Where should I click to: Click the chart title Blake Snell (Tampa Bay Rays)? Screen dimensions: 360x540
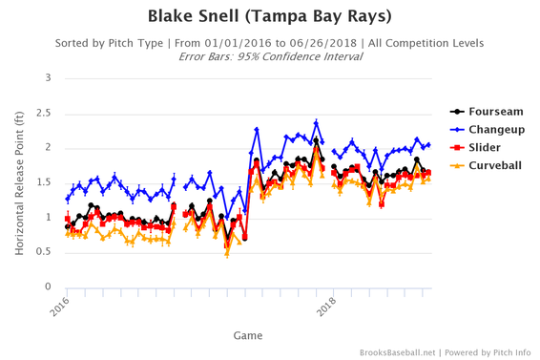pyautogui.click(x=269, y=17)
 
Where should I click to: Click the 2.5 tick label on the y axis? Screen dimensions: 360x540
pyautogui.click(x=41, y=113)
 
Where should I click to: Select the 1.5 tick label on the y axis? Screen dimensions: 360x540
pyautogui.click(x=41, y=182)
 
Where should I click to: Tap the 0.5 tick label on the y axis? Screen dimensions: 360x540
pyautogui.click(x=41, y=252)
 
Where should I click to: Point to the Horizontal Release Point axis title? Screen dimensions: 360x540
pyautogui.click(x=18, y=181)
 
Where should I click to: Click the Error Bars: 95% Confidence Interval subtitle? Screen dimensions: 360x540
pyautogui.click(x=269, y=56)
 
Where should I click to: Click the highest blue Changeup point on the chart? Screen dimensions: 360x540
pyautogui.click(x=316, y=122)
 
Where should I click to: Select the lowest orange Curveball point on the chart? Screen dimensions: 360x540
pyautogui.click(x=226, y=254)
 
